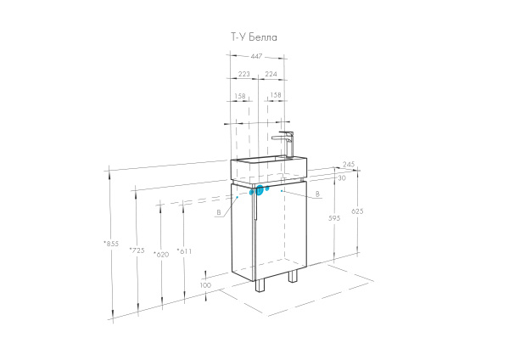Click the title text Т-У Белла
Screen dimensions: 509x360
[x=254, y=37]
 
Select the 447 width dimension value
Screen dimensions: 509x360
[x=256, y=56]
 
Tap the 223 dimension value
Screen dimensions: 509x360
[x=244, y=74]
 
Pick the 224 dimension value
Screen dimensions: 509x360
[x=271, y=74]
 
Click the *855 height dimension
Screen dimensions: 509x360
[x=111, y=244]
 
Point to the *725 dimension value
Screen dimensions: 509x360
[x=137, y=250]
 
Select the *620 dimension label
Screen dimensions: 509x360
[x=161, y=255]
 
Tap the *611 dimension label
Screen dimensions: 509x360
[x=184, y=251]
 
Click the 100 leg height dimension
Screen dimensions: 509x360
[x=205, y=285]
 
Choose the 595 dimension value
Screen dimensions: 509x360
[x=334, y=218]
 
